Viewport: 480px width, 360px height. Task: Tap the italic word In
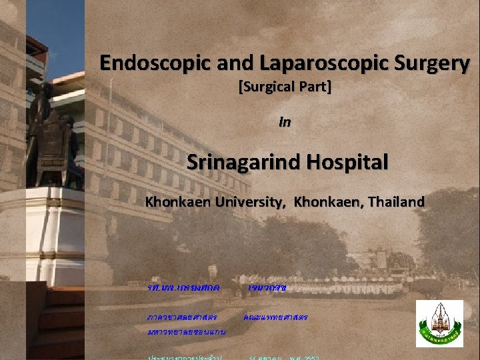pyautogui.click(x=285, y=123)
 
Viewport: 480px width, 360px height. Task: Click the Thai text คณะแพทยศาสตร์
pyautogui.click(x=275, y=317)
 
